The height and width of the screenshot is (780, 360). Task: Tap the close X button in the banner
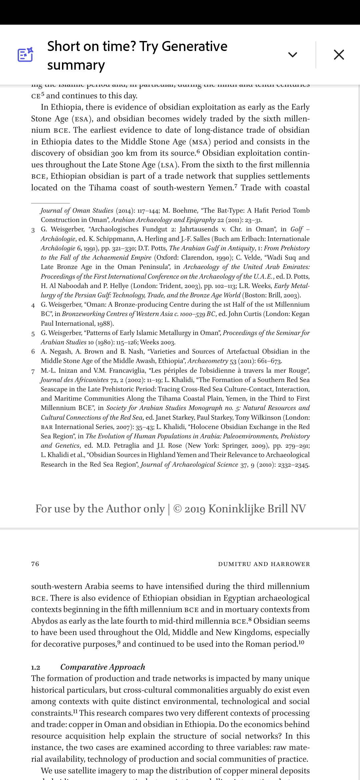pos(339,55)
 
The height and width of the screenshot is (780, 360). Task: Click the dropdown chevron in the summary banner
pos(292,55)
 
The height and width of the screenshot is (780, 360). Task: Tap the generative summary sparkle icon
pos(25,55)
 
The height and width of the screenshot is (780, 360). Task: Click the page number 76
pos(35,564)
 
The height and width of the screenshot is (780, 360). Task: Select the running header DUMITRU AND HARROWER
pos(264,564)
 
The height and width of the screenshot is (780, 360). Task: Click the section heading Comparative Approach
pos(103,667)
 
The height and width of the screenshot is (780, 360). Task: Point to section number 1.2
pos(36,667)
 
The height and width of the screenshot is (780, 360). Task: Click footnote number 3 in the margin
pos(33,230)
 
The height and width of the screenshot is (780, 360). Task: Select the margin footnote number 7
pos(33,371)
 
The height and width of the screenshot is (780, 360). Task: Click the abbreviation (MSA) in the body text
pos(200,142)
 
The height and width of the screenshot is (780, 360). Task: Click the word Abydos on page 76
pos(45,621)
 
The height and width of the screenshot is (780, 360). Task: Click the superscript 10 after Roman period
pos(301,642)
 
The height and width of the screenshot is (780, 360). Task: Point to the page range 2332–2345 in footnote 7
pos(293,465)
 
